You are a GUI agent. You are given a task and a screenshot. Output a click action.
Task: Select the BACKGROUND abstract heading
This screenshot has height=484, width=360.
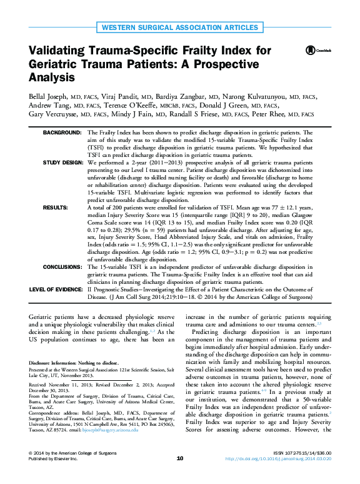(62, 133)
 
